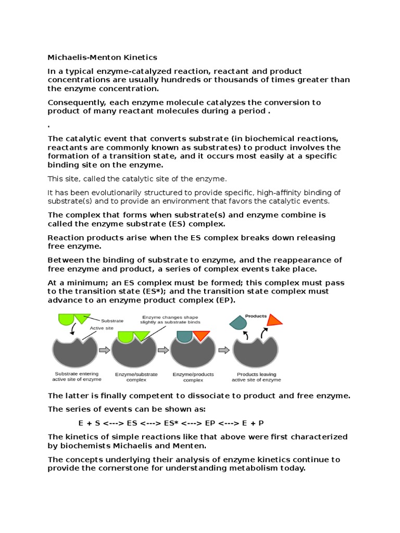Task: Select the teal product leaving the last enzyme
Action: point(238,323)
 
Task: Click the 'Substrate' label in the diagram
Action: point(112,321)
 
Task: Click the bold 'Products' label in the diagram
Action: point(256,316)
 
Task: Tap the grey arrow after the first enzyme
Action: point(104,350)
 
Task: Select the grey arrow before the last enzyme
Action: point(224,350)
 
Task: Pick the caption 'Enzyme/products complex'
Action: point(193,377)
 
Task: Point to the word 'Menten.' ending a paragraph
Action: point(191,446)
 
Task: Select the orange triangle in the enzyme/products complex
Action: point(201,336)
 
